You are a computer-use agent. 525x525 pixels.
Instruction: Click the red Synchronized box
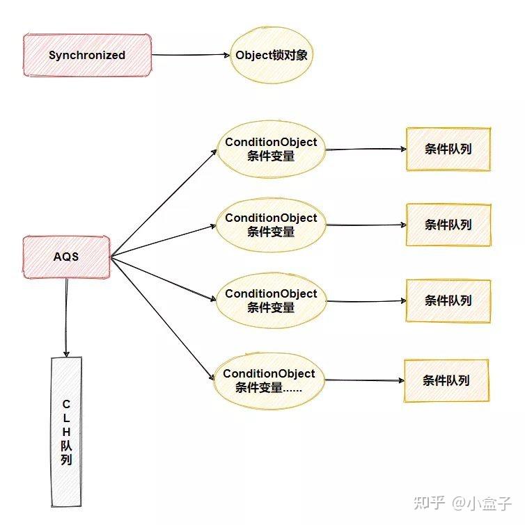click(x=87, y=55)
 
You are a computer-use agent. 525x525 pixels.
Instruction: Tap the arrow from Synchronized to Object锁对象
click(x=190, y=55)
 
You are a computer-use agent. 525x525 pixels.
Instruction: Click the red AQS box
click(x=66, y=257)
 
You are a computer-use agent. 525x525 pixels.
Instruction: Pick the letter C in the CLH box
click(x=66, y=404)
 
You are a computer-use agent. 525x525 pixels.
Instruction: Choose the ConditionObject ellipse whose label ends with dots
click(x=269, y=380)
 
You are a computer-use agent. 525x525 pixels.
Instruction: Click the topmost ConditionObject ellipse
click(x=271, y=149)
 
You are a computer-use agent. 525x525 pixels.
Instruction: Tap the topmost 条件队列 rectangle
click(x=448, y=149)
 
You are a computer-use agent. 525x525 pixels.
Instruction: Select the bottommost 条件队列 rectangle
click(x=446, y=380)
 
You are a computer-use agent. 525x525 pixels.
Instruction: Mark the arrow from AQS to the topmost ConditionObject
click(x=164, y=202)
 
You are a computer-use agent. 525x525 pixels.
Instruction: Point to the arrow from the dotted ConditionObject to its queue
click(x=364, y=380)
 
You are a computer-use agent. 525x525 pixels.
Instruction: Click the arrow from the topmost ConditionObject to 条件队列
click(x=366, y=149)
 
